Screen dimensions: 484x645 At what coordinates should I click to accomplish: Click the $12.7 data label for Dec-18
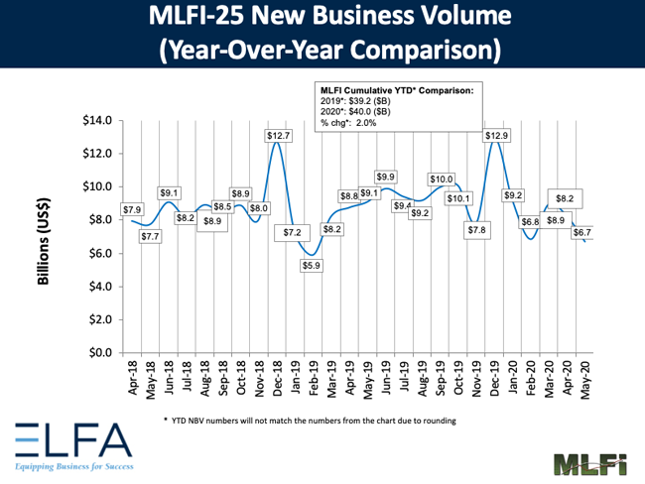278,135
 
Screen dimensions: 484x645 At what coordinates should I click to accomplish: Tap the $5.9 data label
312,266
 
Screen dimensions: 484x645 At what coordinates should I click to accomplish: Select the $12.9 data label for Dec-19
498,134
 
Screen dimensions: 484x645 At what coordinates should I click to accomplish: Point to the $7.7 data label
150,237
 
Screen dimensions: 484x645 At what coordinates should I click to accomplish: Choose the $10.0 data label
441,180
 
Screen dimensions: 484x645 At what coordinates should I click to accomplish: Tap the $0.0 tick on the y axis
99,353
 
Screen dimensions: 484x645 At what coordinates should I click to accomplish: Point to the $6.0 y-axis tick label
99,253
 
